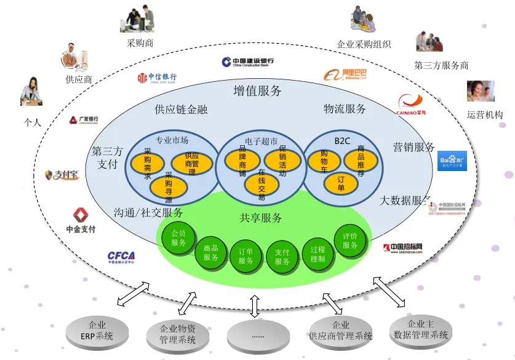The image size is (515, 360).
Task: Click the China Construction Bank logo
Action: pyautogui.click(x=248, y=62)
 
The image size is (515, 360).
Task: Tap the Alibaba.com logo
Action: pyautogui.click(x=346, y=74)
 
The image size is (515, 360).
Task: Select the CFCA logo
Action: pyautogui.click(x=121, y=257)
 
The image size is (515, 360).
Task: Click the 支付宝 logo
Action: pyautogui.click(x=62, y=175)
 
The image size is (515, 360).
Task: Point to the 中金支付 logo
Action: pyautogui.click(x=81, y=220)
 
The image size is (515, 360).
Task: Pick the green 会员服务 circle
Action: pyautogui.click(x=178, y=238)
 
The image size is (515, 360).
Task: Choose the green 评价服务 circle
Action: pyautogui.click(x=350, y=241)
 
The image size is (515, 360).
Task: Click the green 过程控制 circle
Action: pyautogui.click(x=317, y=254)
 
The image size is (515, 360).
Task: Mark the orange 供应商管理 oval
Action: pyautogui.click(x=191, y=163)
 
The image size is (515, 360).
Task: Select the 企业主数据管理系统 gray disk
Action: pyautogui.click(x=421, y=330)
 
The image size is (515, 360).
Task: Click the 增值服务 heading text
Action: pyautogui.click(x=257, y=91)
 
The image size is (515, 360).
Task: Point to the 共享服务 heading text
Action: pyautogui.click(x=261, y=218)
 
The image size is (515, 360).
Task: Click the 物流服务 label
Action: pyautogui.click(x=345, y=109)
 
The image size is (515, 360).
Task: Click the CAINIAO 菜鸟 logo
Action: pyautogui.click(x=412, y=105)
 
